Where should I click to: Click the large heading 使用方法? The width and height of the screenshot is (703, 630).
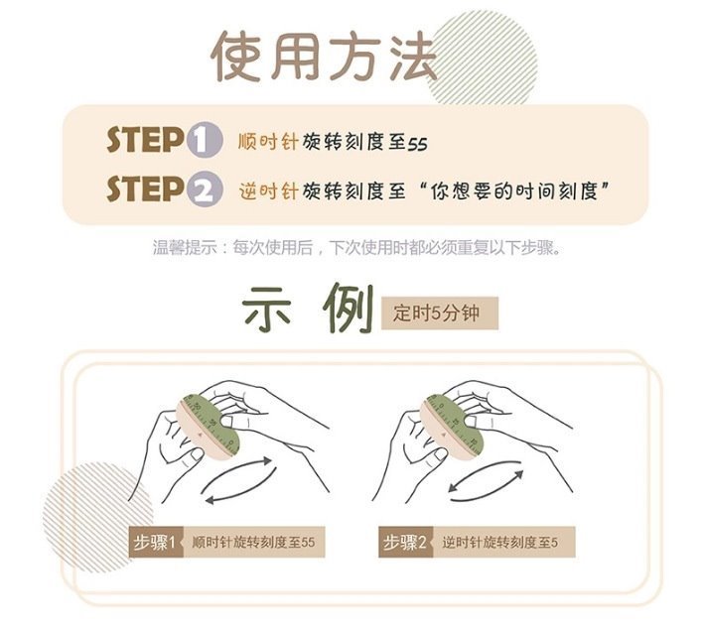click(x=324, y=58)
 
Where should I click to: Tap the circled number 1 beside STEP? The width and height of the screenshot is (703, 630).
click(x=205, y=140)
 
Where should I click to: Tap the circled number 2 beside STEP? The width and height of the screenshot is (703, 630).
click(x=205, y=189)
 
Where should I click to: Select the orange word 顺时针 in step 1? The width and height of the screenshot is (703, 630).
click(x=268, y=142)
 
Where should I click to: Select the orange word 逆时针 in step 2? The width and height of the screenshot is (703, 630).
click(x=268, y=191)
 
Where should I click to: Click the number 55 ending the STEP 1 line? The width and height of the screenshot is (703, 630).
click(x=417, y=144)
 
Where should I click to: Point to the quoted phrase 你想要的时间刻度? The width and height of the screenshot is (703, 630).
click(x=514, y=191)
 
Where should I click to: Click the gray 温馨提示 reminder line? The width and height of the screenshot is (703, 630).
click(x=356, y=247)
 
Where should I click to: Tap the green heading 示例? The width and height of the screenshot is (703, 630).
click(x=308, y=310)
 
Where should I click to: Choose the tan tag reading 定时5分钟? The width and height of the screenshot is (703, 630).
click(x=439, y=314)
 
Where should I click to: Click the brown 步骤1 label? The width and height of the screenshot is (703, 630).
click(x=156, y=542)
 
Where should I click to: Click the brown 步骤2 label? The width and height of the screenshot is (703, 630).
click(x=406, y=542)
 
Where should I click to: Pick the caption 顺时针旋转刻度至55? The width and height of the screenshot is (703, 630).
click(x=253, y=542)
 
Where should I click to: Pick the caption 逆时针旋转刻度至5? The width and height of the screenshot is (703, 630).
click(x=499, y=542)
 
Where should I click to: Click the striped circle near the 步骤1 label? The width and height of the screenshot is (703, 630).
click(x=96, y=515)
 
